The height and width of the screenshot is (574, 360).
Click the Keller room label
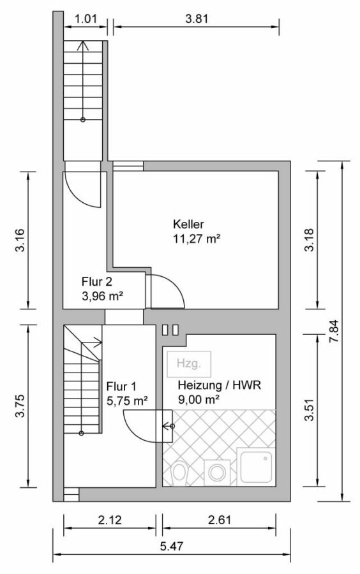coord(188,224)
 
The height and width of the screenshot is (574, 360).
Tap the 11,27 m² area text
coord(197,239)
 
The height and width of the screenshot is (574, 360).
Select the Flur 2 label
coord(96,281)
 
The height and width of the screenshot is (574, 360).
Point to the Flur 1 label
coord(121,386)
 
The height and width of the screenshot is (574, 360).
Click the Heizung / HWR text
coord(220,385)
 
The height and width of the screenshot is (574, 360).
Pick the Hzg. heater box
coord(188,364)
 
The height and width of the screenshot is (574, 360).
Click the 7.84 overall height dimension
coord(334,331)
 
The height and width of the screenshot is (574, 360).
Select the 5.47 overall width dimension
coord(171,547)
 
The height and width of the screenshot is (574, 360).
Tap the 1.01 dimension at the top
coord(86,18)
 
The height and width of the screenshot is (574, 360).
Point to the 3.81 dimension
coord(197,18)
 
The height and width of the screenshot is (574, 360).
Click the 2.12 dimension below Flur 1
coord(110,519)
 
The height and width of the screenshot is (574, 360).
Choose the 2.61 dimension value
coord(220,519)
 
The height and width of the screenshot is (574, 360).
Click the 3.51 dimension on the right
coord(309,410)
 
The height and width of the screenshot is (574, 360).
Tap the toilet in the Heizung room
coord(179,471)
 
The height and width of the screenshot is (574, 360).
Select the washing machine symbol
coord(217,472)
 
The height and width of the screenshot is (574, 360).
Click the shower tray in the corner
coord(255,466)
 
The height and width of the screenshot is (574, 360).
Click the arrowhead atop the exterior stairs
coord(83,45)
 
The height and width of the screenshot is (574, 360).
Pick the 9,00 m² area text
coord(199,400)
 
